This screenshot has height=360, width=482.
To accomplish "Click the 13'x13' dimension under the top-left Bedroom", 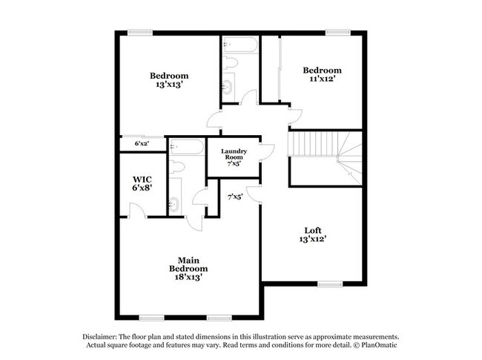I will click(x=169, y=85).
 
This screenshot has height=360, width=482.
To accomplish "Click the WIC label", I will click(x=142, y=179).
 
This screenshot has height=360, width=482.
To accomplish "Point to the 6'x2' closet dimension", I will click(x=141, y=144).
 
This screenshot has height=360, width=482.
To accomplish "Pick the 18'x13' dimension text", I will click(x=188, y=278).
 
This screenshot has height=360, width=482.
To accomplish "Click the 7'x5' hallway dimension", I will click(x=235, y=197).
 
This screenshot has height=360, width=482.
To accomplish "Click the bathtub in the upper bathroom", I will click(x=239, y=45).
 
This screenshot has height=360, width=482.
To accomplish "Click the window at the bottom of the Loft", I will click(x=329, y=283).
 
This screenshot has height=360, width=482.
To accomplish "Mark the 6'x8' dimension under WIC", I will click(x=142, y=189).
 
